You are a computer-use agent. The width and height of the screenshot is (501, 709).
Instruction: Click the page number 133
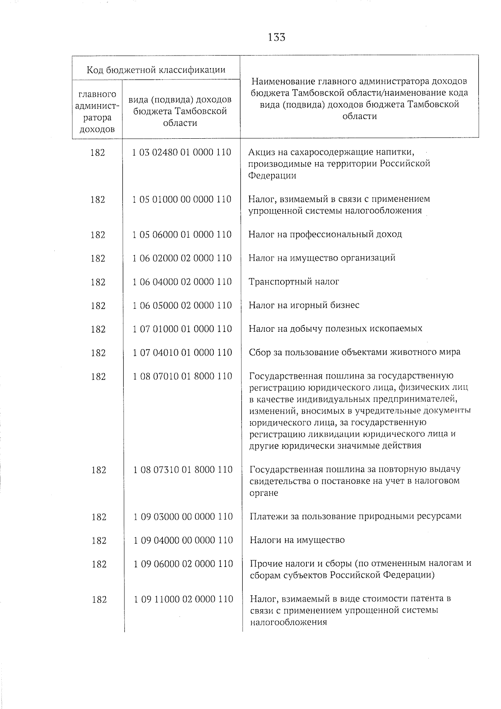(x=277, y=37)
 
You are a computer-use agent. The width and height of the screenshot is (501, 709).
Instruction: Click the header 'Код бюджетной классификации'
(x=156, y=69)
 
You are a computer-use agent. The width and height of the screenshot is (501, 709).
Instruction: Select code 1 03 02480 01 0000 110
(x=182, y=152)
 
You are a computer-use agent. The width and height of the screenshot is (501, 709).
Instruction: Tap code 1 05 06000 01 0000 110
(x=182, y=235)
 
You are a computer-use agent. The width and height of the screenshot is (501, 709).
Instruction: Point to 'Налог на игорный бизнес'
(x=304, y=305)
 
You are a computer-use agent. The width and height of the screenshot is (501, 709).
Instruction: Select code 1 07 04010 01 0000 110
(x=182, y=353)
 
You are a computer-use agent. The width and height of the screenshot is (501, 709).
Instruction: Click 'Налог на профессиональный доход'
(x=325, y=234)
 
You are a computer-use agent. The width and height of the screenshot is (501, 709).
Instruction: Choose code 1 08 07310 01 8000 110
(x=182, y=470)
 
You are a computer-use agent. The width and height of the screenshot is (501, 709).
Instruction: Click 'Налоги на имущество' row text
(x=297, y=540)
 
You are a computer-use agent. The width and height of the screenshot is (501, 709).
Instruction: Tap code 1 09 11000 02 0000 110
(x=183, y=599)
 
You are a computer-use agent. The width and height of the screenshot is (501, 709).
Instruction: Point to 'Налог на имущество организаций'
(x=321, y=258)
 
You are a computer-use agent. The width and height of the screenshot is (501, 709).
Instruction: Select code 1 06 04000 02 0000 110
(x=182, y=282)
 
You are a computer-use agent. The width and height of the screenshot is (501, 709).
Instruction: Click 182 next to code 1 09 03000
(x=99, y=517)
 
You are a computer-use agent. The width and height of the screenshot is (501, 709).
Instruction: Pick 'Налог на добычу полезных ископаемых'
(x=335, y=329)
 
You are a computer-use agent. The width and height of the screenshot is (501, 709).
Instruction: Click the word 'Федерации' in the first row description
(x=272, y=176)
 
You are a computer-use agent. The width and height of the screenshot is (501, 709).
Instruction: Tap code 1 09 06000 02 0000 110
(x=183, y=564)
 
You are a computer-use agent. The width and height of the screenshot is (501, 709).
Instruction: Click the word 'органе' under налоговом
(x=263, y=493)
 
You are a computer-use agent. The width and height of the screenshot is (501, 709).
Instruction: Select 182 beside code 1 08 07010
(x=98, y=376)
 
